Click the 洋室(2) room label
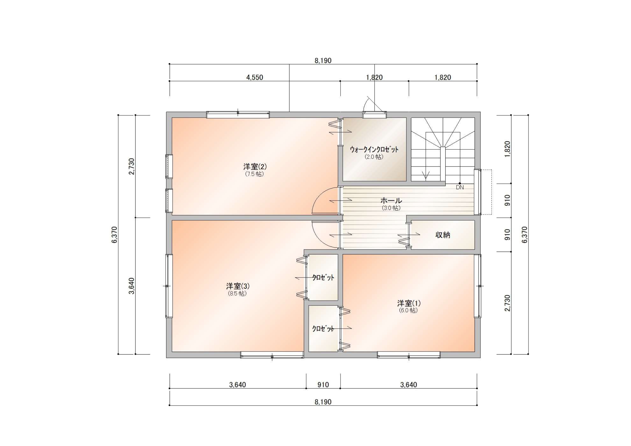point(255,167)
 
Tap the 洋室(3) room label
point(238,286)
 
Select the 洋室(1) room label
point(409,303)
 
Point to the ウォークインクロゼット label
point(374,150)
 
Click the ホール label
point(391,201)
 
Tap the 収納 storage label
point(443,235)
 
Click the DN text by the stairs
point(460,187)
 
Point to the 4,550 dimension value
point(255,78)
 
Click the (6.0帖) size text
point(408,310)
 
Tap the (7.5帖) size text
point(255,174)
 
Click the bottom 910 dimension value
point(323,385)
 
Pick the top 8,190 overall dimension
point(323,60)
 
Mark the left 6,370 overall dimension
point(115,235)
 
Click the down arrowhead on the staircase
point(426,175)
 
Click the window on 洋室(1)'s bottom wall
point(409,355)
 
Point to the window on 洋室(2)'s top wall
point(238,115)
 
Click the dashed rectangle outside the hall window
point(486,192)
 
